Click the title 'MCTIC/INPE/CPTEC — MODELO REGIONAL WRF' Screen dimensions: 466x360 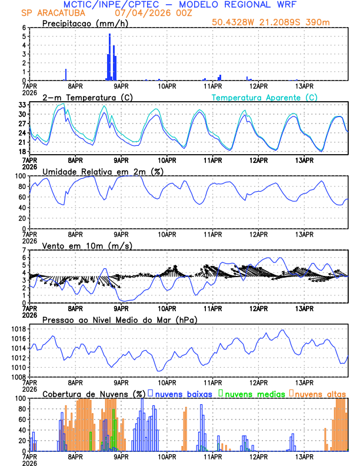tap(179, 5)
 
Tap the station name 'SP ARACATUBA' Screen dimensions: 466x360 tap(44, 13)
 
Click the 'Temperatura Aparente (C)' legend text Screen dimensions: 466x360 tap(265, 97)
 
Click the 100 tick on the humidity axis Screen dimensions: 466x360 tap(21, 176)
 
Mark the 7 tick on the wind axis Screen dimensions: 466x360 tap(24, 251)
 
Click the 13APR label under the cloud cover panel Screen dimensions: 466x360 tap(304, 457)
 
